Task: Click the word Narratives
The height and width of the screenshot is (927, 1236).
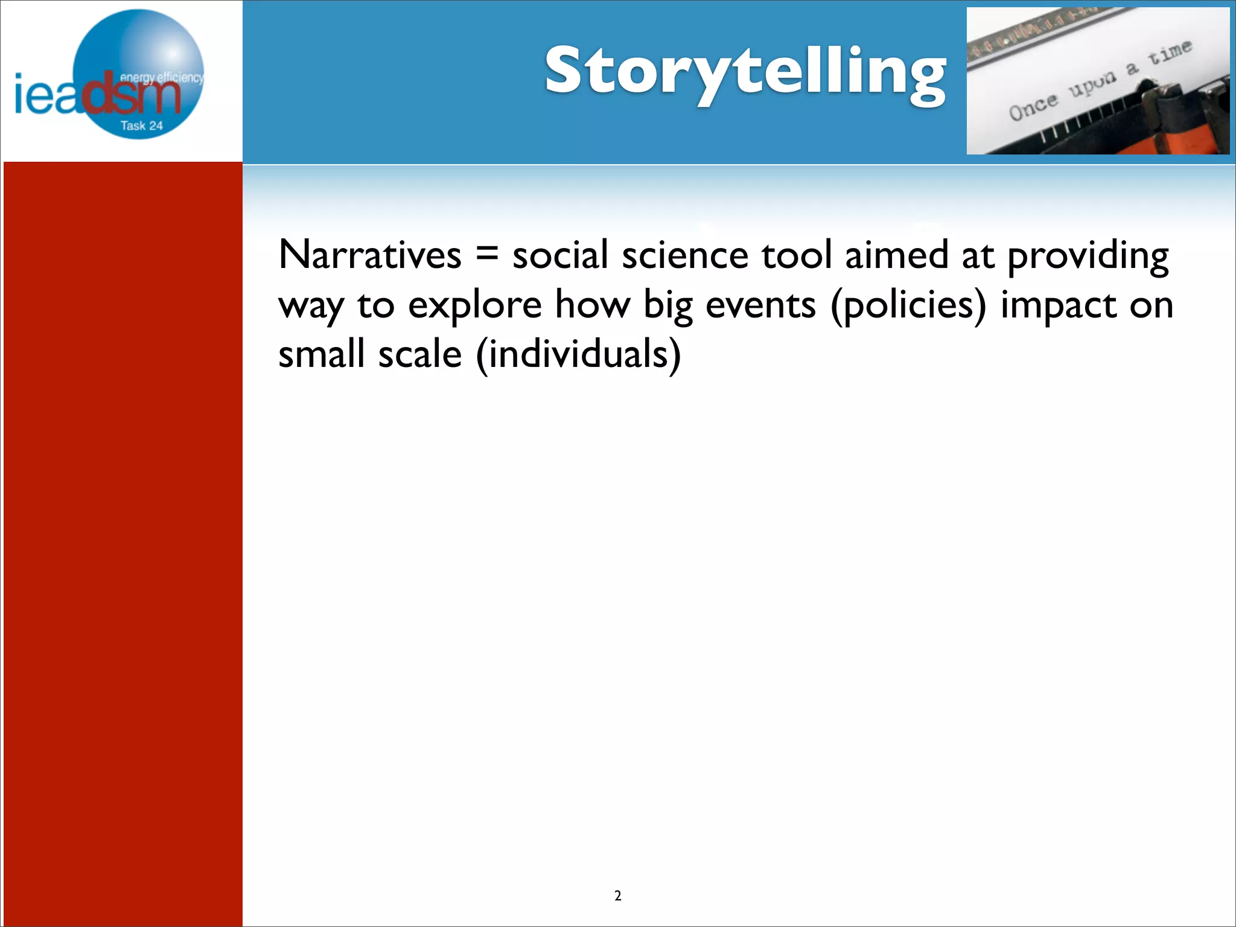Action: [x=369, y=255]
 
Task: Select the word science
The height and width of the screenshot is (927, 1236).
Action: [x=685, y=255]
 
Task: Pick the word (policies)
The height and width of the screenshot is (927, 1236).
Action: [x=908, y=305]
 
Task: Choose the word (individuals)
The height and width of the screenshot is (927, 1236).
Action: [x=578, y=354]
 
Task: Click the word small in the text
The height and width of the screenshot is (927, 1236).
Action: [x=322, y=354]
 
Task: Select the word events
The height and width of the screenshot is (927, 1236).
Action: [x=760, y=305]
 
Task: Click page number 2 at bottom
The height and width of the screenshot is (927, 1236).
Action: [x=617, y=896]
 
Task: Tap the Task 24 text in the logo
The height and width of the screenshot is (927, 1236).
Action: [x=141, y=126]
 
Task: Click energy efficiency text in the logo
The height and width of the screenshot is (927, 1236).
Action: [x=161, y=77]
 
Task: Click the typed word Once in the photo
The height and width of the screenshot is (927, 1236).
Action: [x=1033, y=107]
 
